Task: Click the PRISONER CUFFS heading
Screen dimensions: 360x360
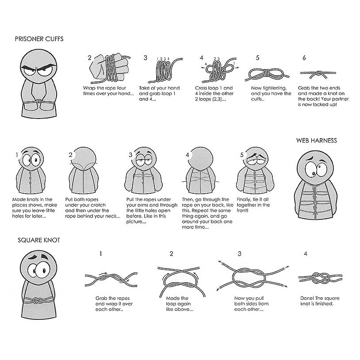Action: coord(39,39)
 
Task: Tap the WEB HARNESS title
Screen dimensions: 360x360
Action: coord(316,141)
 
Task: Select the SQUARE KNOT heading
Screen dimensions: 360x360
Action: coord(39,240)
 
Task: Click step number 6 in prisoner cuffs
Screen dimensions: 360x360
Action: coord(304,57)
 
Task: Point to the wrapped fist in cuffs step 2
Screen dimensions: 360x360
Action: coord(109,68)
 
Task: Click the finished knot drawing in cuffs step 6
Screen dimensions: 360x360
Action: coord(318,74)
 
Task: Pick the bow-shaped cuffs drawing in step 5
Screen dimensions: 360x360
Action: coord(267,74)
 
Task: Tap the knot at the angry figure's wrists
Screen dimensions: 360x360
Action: coord(39,101)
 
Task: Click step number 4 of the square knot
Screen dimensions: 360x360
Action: coord(305,253)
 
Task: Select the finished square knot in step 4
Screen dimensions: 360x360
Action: coord(320,278)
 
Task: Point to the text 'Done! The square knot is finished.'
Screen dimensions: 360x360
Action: coord(320,301)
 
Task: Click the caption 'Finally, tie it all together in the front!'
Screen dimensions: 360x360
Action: coord(253,205)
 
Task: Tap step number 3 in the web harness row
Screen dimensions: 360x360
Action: coord(130,155)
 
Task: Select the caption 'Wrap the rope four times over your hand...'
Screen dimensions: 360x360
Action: coord(108,91)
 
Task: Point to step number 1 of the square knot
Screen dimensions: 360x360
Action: coord(100,253)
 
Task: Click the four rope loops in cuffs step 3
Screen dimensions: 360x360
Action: coord(164,71)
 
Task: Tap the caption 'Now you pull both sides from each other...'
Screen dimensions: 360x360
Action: coord(251,303)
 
